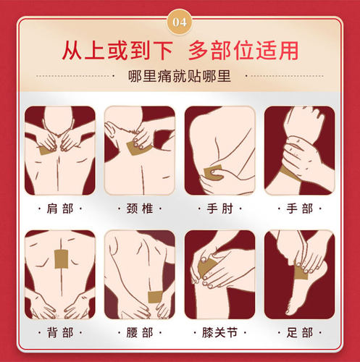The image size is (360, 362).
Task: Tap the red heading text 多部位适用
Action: click(243, 51)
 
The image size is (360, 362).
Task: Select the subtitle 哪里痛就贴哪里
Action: click(180, 76)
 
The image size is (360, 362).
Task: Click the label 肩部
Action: click(60, 209)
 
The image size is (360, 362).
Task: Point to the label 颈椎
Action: click(140, 209)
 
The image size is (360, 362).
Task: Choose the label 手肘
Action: click(219, 209)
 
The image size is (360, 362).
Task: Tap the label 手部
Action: click(299, 209)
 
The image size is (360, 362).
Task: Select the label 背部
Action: click(60, 332)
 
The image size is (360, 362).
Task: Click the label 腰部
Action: click(140, 332)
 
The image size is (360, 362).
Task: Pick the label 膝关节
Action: click(219, 332)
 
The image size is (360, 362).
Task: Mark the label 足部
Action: click(299, 332)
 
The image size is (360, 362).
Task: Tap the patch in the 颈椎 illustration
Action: click(135, 148)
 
